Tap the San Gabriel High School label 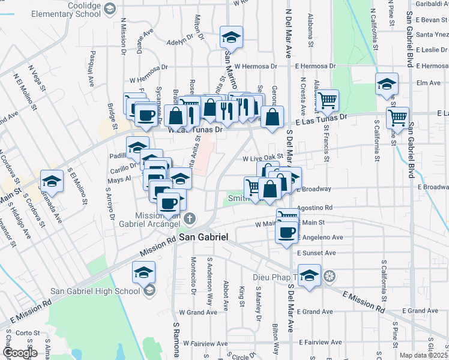tap(95, 292)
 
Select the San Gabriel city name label tap(204, 238)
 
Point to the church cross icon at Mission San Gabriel tap(190, 218)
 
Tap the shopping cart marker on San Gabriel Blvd tap(397, 118)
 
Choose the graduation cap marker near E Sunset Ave tap(309, 275)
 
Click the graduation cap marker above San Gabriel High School tap(143, 272)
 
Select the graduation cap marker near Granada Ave tap(52, 181)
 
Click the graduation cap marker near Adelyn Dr tap(231, 37)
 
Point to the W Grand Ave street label tap(198, 313)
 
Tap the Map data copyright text tap(423, 355)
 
